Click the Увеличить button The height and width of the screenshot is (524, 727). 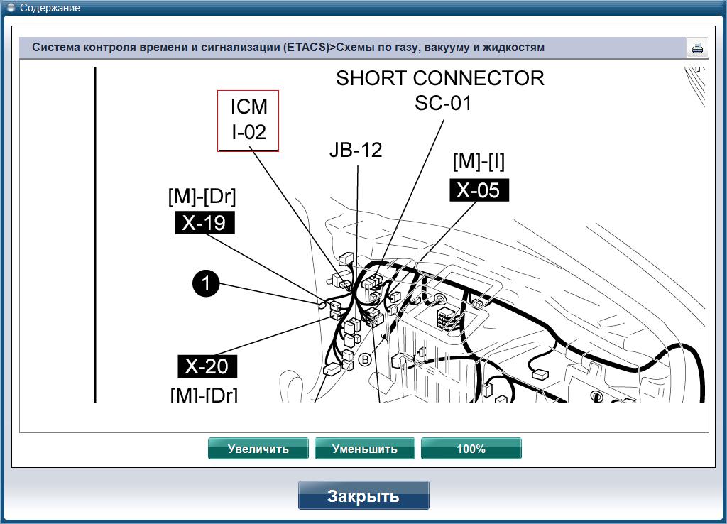pos(258,449)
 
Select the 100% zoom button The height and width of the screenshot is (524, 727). pos(471,449)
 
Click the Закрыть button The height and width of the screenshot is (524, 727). pos(363,496)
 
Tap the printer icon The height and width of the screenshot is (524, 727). pos(697,48)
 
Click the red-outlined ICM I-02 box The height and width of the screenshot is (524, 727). pos(248,121)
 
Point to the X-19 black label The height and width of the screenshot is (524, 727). pos(205,222)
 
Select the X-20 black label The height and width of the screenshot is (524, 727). pos(207,366)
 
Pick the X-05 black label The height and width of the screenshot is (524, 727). pos(479,190)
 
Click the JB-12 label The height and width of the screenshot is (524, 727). pos(356,150)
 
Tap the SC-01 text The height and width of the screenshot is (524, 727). pos(443,103)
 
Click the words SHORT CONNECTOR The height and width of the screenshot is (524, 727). pos(440,78)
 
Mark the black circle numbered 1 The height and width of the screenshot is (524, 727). pos(206,283)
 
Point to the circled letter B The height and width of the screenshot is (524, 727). pos(366,359)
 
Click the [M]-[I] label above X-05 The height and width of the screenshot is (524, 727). pos(479,161)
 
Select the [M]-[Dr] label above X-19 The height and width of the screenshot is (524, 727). pos(202,197)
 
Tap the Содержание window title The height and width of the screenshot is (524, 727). pos(50,8)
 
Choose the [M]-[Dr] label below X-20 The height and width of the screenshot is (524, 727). pos(204,395)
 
